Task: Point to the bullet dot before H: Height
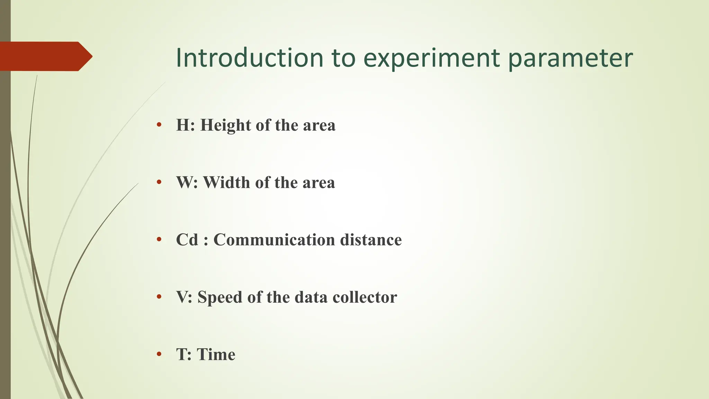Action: point(159,125)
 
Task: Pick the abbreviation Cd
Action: point(187,240)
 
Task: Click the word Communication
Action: point(274,240)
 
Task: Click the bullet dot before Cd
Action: point(159,239)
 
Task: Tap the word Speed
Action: point(219,297)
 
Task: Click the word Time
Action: point(216,354)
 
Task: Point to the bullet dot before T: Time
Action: point(159,354)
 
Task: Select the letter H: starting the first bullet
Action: point(185,125)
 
